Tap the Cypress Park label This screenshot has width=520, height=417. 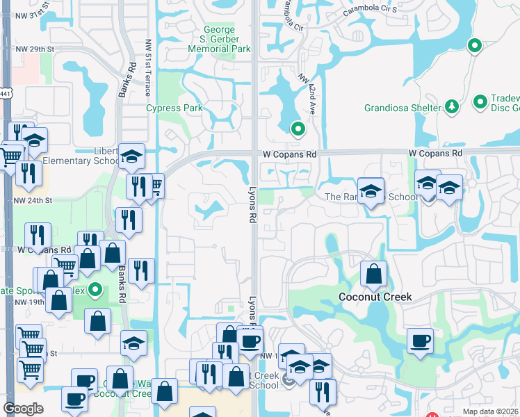click(x=174, y=108)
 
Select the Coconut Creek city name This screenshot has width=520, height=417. click(x=375, y=297)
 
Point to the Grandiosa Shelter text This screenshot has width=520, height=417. click(x=403, y=108)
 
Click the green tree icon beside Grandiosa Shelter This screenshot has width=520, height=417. click(x=452, y=106)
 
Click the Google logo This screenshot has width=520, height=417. click(x=23, y=409)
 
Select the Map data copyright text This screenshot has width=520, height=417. click(x=491, y=411)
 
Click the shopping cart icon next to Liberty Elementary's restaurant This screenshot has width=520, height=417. click(x=155, y=185)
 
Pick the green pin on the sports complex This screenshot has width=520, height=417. click(x=96, y=290)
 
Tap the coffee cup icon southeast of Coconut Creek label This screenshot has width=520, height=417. click(x=420, y=341)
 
